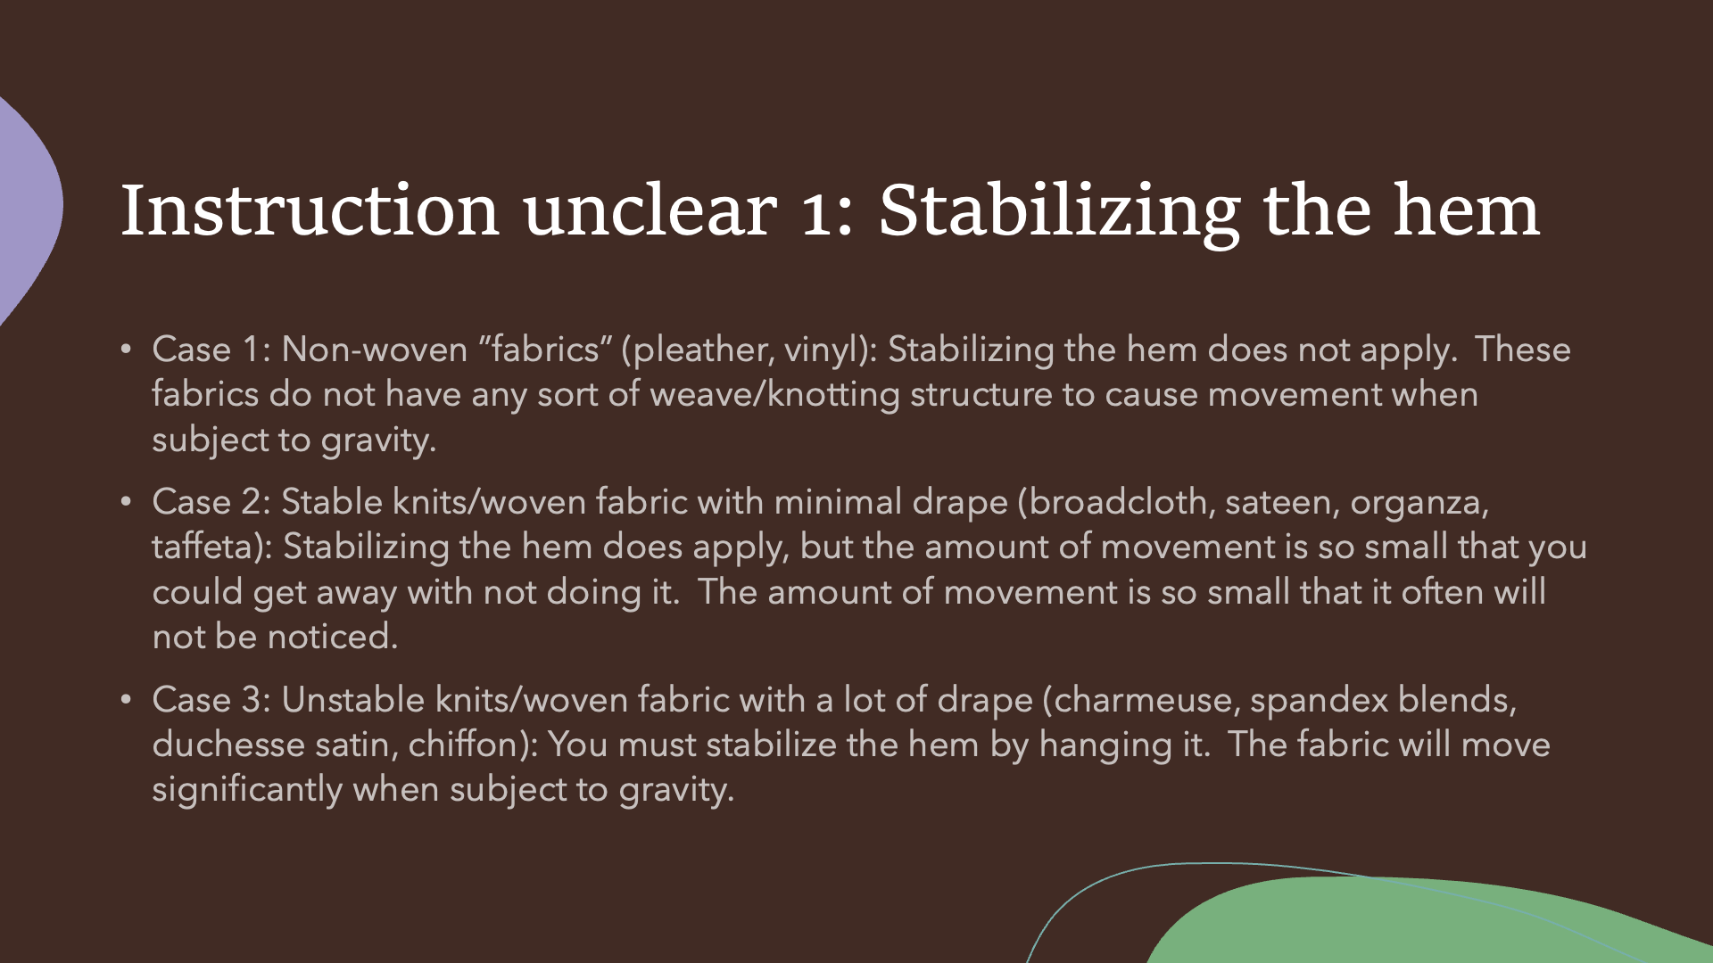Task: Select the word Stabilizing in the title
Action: (x=1059, y=214)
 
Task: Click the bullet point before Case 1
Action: (x=126, y=350)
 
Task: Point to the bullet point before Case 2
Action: (x=126, y=502)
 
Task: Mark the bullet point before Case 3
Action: (x=126, y=700)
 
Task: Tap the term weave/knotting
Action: (x=774, y=395)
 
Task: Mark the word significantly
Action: (x=247, y=791)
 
